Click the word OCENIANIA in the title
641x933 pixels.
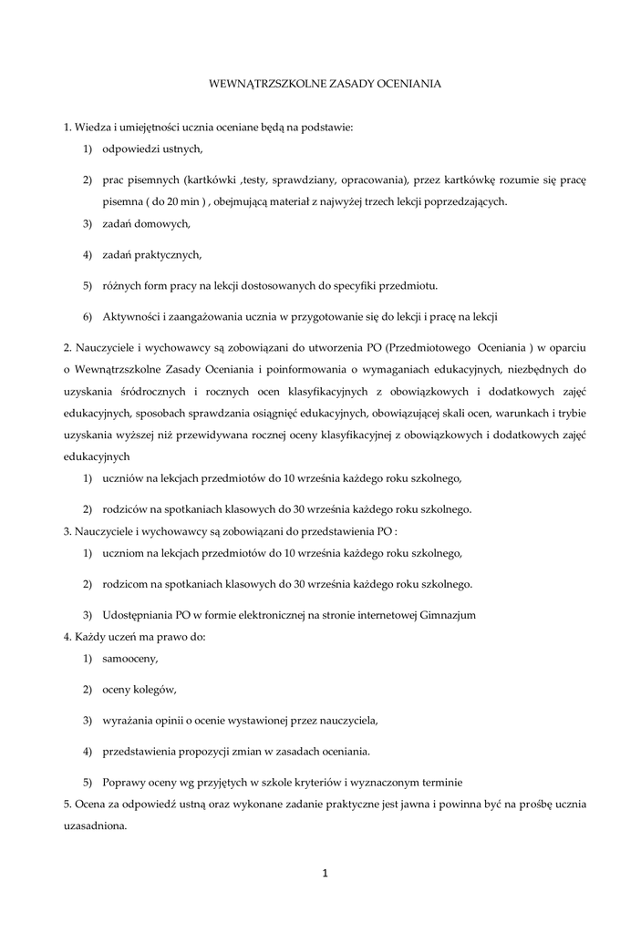[405, 83]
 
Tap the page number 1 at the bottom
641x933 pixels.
[324, 874]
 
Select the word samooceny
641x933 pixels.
[130, 658]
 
